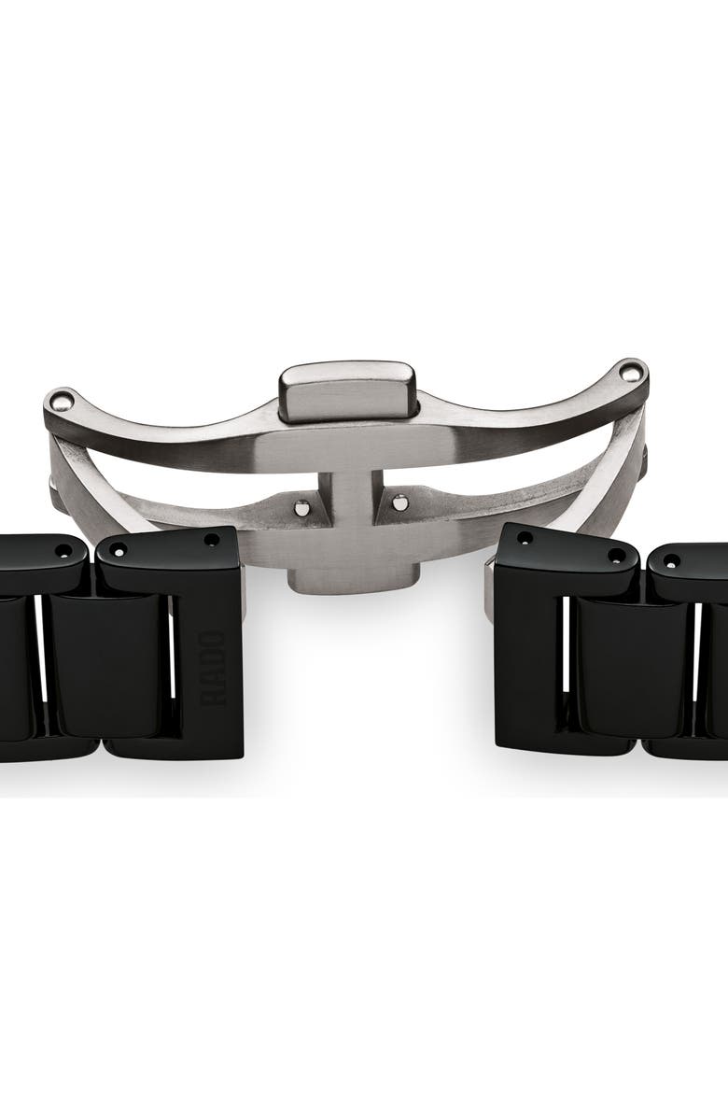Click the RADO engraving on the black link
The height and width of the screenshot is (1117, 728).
coord(213,667)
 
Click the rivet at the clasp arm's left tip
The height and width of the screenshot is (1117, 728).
coord(62,403)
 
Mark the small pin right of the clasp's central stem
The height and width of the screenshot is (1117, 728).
coord(399,502)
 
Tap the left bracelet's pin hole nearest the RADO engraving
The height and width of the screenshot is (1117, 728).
coord(212,540)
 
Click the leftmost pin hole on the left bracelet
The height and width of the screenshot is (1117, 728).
coord(63,551)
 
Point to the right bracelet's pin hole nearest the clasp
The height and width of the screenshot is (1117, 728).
coord(525,539)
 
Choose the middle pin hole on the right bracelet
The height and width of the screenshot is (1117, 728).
coord(616,555)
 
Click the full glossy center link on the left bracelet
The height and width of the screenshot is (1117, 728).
coord(107,663)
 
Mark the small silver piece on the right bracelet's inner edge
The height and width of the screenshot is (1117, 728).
coord(489,588)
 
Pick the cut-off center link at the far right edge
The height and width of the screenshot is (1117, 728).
coord(719,669)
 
